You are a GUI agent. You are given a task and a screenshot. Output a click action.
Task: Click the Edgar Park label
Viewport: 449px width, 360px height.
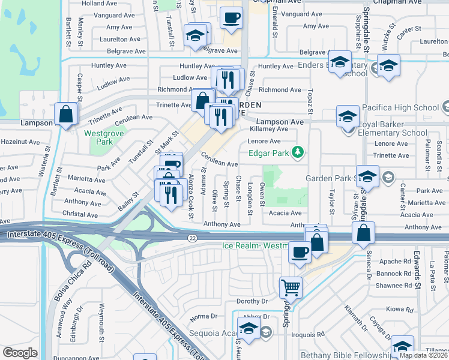pos(267,152)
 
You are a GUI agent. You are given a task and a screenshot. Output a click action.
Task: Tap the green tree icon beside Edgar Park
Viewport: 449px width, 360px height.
pos(297,152)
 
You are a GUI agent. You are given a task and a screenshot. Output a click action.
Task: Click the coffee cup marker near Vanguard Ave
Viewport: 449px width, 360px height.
pos(231,17)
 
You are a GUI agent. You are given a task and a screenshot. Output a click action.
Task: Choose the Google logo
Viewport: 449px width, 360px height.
pos(20,353)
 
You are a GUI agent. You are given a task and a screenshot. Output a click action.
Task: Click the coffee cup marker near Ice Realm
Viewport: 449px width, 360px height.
pos(300,252)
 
